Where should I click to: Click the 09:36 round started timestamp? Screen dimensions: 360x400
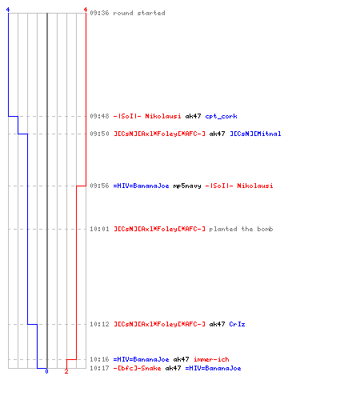(x=99, y=13)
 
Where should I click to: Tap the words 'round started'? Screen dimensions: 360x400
(x=139, y=13)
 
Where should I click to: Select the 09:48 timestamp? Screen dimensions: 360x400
(x=99, y=116)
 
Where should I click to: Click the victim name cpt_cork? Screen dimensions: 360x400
(x=221, y=116)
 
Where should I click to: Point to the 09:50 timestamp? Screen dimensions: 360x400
(x=99, y=134)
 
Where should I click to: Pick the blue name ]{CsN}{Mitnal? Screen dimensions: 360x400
(x=255, y=134)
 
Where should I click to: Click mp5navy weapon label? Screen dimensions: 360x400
(x=187, y=186)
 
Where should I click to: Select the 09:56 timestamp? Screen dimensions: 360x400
(x=99, y=186)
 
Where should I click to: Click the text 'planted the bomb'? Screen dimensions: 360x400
(x=241, y=229)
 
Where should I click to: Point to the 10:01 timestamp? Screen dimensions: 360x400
(x=99, y=229)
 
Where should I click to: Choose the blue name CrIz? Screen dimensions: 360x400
(x=237, y=324)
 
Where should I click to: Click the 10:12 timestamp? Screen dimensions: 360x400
(x=99, y=324)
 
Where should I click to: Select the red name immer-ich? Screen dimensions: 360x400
(x=211, y=359)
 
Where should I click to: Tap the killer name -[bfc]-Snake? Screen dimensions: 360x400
(x=137, y=368)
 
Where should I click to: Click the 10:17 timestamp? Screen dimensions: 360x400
(x=99, y=368)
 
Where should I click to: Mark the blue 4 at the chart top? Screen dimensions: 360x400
(x=8, y=10)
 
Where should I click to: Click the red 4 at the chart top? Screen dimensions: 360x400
(x=86, y=10)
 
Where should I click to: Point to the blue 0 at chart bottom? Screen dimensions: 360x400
(x=46, y=371)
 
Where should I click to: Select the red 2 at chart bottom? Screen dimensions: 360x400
(x=66, y=371)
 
